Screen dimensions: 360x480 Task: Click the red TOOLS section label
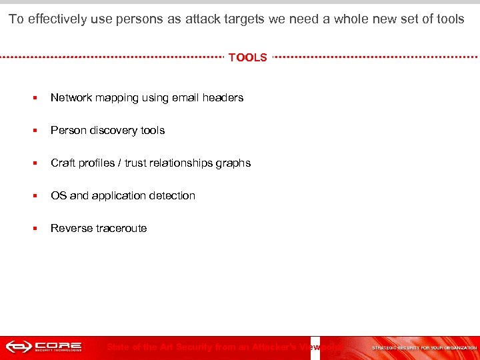pyautogui.click(x=247, y=57)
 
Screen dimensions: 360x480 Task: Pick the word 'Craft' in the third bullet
pyautogui.click(x=63, y=163)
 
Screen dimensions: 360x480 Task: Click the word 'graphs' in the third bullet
pyautogui.click(x=233, y=163)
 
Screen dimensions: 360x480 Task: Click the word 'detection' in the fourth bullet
pyautogui.click(x=173, y=195)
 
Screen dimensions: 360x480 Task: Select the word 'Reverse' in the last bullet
pyautogui.click(x=71, y=228)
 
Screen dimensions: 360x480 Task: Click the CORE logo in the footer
pyautogui.click(x=44, y=347)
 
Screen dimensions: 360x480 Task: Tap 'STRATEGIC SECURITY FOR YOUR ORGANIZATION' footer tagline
pyautogui.click(x=424, y=347)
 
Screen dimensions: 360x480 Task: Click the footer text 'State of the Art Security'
pyautogui.click(x=167, y=347)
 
